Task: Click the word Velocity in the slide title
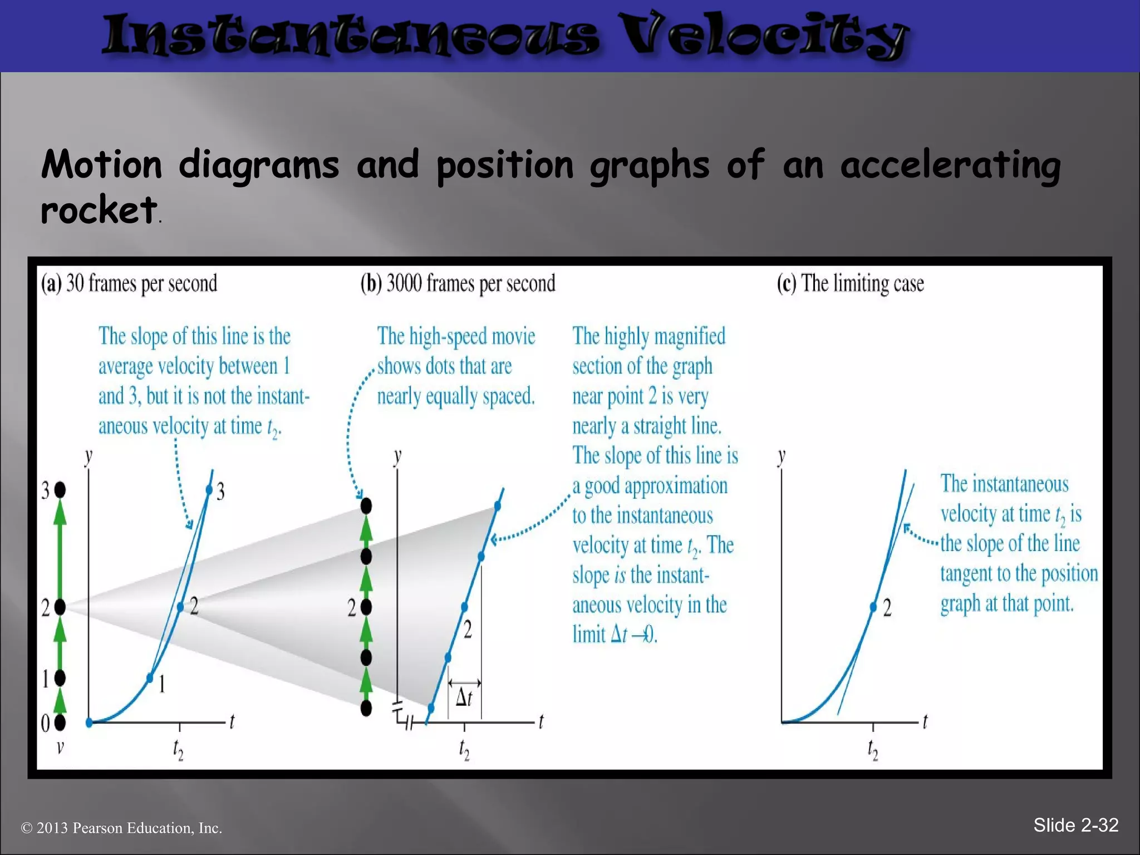pyautogui.click(x=763, y=36)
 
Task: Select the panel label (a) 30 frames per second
pyautogui.click(x=129, y=283)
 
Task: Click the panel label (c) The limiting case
pyautogui.click(x=850, y=283)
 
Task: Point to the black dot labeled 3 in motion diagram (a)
pyautogui.click(x=60, y=490)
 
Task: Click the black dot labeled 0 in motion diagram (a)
pyautogui.click(x=60, y=723)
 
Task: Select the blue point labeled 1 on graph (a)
pyautogui.click(x=150, y=677)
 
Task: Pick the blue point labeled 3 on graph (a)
pyautogui.click(x=209, y=490)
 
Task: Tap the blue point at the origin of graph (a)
pyautogui.click(x=89, y=723)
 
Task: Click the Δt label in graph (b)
pyautogui.click(x=464, y=697)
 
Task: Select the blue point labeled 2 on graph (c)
pyautogui.click(x=873, y=607)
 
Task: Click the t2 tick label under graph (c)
pyautogui.click(x=873, y=750)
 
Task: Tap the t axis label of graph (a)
pyautogui.click(x=232, y=721)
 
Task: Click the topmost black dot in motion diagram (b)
pyautogui.click(x=366, y=506)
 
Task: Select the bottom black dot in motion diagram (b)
pyautogui.click(x=366, y=708)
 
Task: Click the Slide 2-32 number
pyautogui.click(x=1075, y=825)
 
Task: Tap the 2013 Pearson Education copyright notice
pyautogui.click(x=121, y=828)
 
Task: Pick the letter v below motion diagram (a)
pyautogui.click(x=60, y=747)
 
